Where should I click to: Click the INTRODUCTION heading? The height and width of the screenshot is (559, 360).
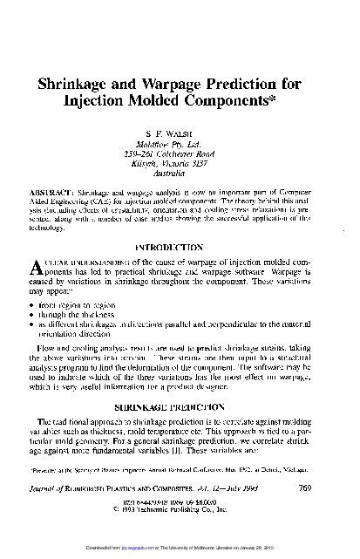(x=179, y=247)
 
